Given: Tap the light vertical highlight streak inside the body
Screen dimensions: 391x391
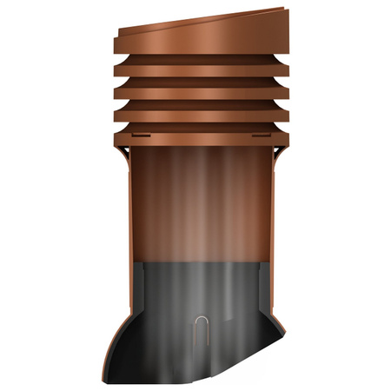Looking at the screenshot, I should (202, 200).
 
